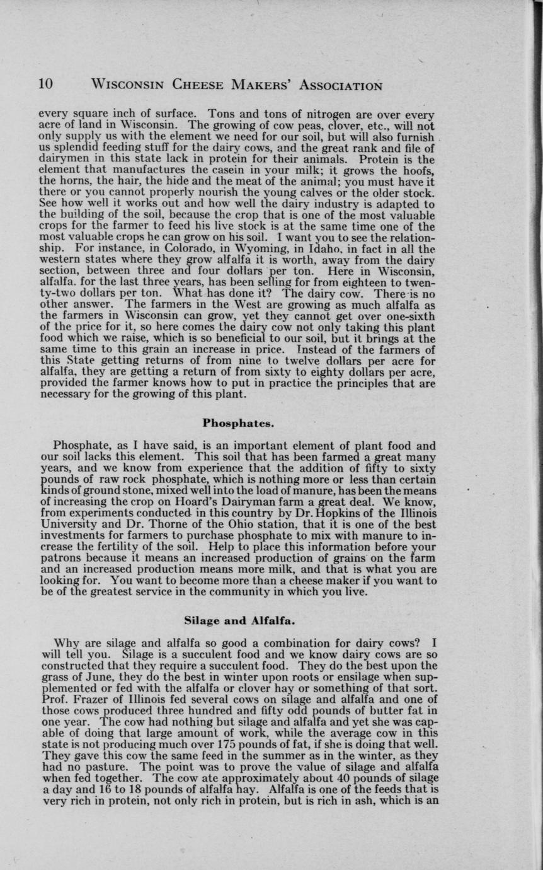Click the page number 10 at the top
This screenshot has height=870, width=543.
(x=46, y=84)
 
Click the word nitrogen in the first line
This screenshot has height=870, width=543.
(x=296, y=114)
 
